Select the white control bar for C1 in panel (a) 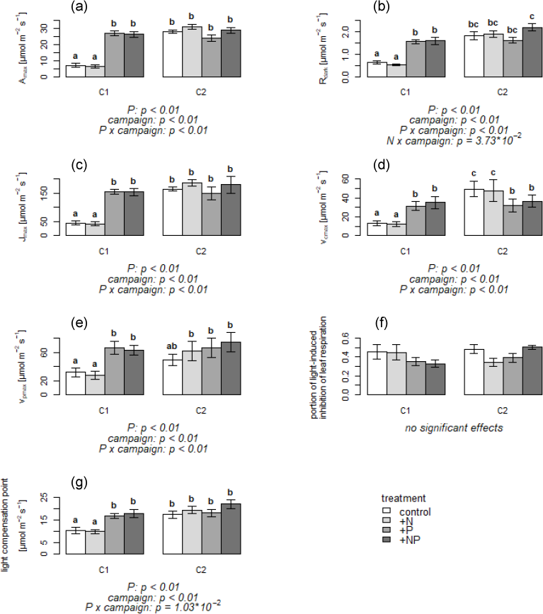coord(75,71)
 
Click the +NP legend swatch coord(387,540)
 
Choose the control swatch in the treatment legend coord(387,512)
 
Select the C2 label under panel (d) coord(502,251)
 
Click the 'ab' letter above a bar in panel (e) coord(173,346)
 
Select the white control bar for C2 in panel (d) coord(473,212)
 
